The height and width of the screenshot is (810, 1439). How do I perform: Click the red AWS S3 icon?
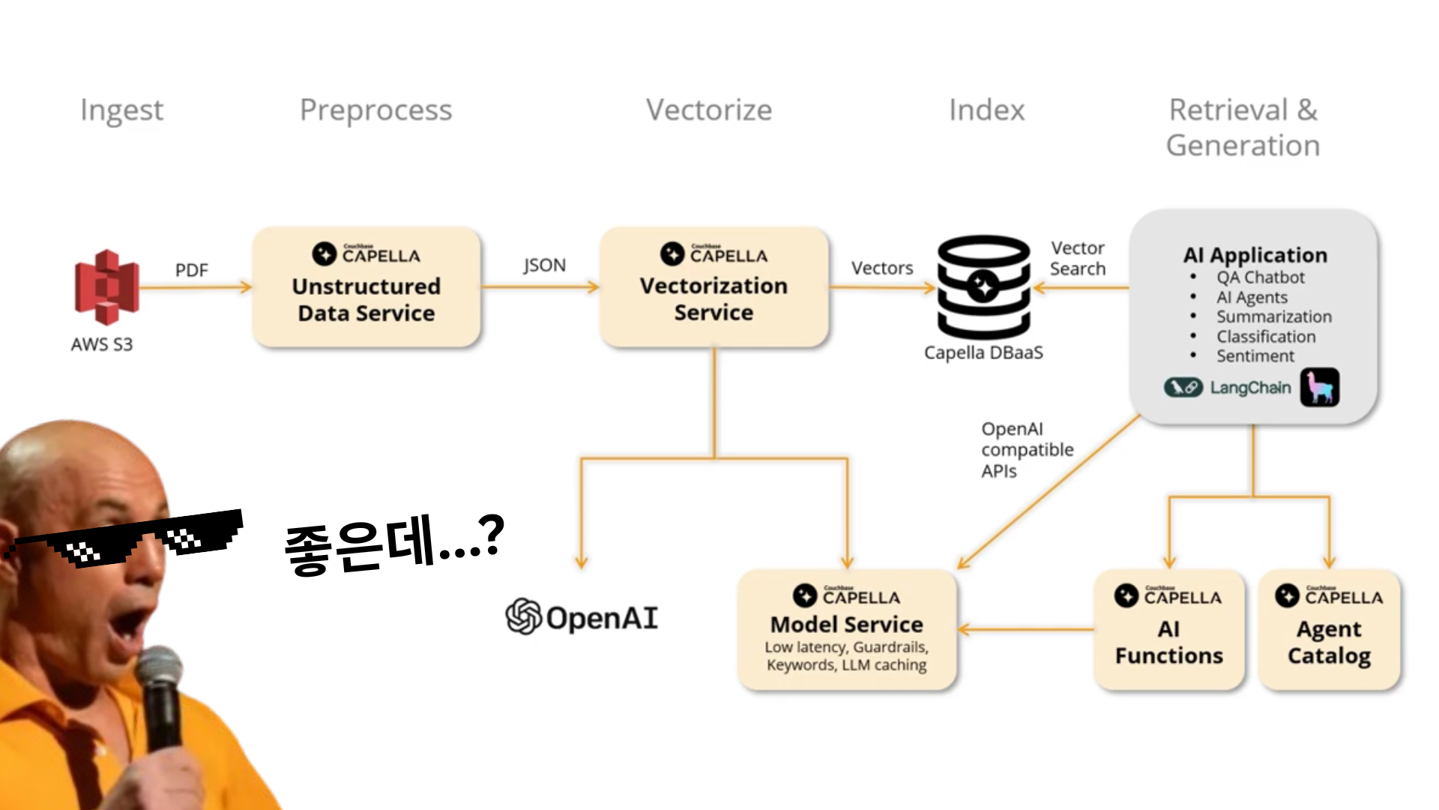pos(106,287)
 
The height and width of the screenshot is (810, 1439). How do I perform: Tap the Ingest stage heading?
pos(121,110)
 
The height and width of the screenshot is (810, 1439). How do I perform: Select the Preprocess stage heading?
pos(375,110)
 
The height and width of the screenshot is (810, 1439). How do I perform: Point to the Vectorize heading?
pos(708,110)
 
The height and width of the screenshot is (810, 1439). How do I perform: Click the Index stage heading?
pos(986,110)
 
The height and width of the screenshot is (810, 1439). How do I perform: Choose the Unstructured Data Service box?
pos(366,287)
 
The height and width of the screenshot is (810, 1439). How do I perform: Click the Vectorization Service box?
pos(714,287)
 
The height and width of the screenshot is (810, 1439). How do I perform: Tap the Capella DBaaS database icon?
pos(983,287)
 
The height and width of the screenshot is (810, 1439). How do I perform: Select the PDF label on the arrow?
pos(191,270)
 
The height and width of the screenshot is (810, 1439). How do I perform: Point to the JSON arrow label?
pos(544,265)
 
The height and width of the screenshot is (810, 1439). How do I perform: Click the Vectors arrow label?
pos(882,268)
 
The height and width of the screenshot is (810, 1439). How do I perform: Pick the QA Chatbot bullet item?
pos(1260,277)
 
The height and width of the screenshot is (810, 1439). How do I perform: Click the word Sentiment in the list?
pos(1255,356)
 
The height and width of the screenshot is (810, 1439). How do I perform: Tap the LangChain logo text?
pos(1249,388)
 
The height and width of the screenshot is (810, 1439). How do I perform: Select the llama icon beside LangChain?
pos(1319,388)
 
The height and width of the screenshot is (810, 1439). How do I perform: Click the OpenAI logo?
pos(582,617)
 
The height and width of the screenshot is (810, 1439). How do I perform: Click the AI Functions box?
pos(1168,630)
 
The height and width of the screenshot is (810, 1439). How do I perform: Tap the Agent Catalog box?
pos(1329,630)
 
